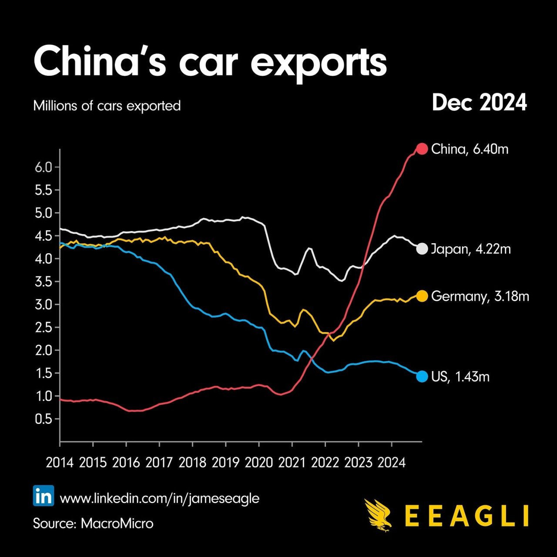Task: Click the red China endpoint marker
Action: (x=422, y=149)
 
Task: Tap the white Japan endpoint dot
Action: (x=422, y=249)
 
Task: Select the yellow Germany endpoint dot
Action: (x=422, y=296)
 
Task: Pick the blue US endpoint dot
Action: (x=422, y=376)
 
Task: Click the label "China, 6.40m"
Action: (x=470, y=149)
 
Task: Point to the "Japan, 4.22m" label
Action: (x=471, y=249)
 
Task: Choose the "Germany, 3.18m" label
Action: (x=480, y=296)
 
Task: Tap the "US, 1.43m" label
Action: (x=460, y=376)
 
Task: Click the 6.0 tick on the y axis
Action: (x=43, y=168)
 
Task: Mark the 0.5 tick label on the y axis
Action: (x=43, y=419)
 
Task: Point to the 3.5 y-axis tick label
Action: (x=43, y=282)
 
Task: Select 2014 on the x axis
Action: (x=60, y=462)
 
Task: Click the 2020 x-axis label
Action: (x=259, y=462)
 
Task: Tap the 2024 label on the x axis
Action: (x=392, y=462)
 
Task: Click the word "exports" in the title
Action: (x=319, y=63)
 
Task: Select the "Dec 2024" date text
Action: (x=479, y=103)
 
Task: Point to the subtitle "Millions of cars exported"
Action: (x=107, y=106)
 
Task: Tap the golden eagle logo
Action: (x=379, y=515)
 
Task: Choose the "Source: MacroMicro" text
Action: (x=93, y=523)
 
